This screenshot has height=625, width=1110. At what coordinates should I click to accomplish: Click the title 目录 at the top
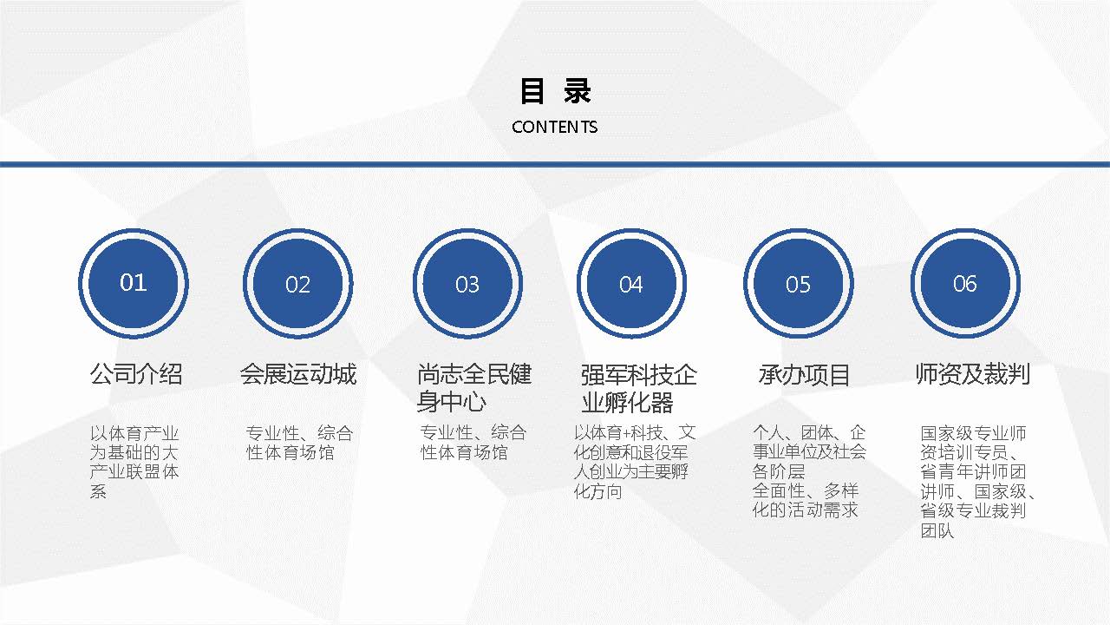pos(555,91)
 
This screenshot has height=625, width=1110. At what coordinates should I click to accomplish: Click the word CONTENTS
pos(554,127)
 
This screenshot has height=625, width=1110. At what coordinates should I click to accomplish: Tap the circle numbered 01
pos(134,283)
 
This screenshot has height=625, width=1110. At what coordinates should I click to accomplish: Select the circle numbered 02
pos(297,284)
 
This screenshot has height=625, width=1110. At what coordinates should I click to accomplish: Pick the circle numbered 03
pos(467,284)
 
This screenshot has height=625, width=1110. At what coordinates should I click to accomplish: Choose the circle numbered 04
pos(631,284)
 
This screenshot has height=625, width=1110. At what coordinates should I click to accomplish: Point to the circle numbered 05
pos(799,284)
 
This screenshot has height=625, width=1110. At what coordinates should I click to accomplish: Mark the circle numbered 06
pos(965,283)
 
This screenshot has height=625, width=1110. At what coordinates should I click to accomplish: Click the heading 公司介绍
pos(136,374)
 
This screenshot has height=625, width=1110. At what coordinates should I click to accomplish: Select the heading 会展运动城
pos(298,374)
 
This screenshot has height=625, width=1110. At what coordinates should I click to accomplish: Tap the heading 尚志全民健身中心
pos(474,388)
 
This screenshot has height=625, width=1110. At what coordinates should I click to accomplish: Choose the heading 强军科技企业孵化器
pos(639,389)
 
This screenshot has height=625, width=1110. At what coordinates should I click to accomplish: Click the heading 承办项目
pos(804,375)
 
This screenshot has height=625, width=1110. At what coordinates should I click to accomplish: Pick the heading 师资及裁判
pos(973,374)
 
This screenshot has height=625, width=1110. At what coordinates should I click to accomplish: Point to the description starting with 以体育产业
pos(134,462)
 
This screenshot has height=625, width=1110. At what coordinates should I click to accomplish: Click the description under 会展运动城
pos(299,443)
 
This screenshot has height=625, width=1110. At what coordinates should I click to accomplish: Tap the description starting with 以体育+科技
pos(635,462)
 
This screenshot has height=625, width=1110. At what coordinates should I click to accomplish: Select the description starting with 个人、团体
pos(809,471)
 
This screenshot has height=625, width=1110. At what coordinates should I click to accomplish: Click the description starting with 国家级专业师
pos(978,482)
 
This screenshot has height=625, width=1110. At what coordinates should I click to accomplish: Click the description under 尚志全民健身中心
pos(473,443)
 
